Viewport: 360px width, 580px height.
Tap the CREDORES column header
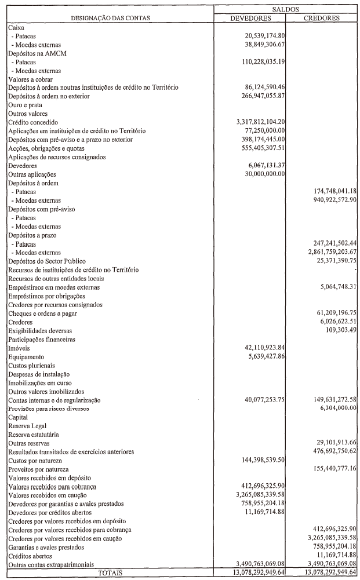click(x=322, y=18)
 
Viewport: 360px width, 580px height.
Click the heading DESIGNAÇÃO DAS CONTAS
click(x=110, y=18)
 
